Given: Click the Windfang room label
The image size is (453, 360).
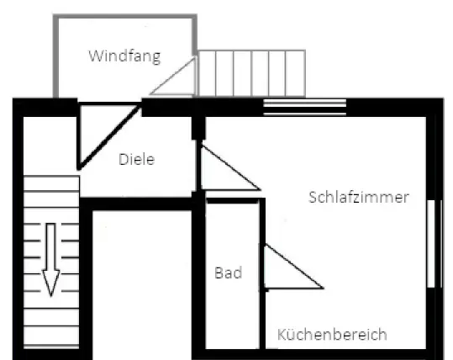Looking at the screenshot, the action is coord(124,56).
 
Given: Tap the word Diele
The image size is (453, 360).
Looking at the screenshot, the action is coord(137,159).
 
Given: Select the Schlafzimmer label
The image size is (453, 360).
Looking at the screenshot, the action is coord(359,198).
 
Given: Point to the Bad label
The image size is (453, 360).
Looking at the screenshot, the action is coord(229,273).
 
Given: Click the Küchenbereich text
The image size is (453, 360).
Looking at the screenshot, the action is coord(332,334).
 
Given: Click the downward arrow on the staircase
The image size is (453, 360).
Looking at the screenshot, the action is coord(50,259).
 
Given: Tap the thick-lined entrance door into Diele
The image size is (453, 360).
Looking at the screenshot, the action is coord(108,135).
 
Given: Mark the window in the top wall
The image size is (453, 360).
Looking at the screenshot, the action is coord(305,107).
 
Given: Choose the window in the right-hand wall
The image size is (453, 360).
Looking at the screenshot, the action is coord(435,243).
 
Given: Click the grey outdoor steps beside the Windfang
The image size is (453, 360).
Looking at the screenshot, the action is coord(251,73).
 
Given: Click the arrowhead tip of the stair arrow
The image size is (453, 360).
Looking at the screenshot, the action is coord(51,296).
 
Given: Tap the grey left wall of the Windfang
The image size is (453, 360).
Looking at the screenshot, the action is coord(56,56).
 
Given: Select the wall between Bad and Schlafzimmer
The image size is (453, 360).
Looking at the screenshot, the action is coord(262,273).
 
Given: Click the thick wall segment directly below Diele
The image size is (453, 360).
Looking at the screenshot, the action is coord(136,204).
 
